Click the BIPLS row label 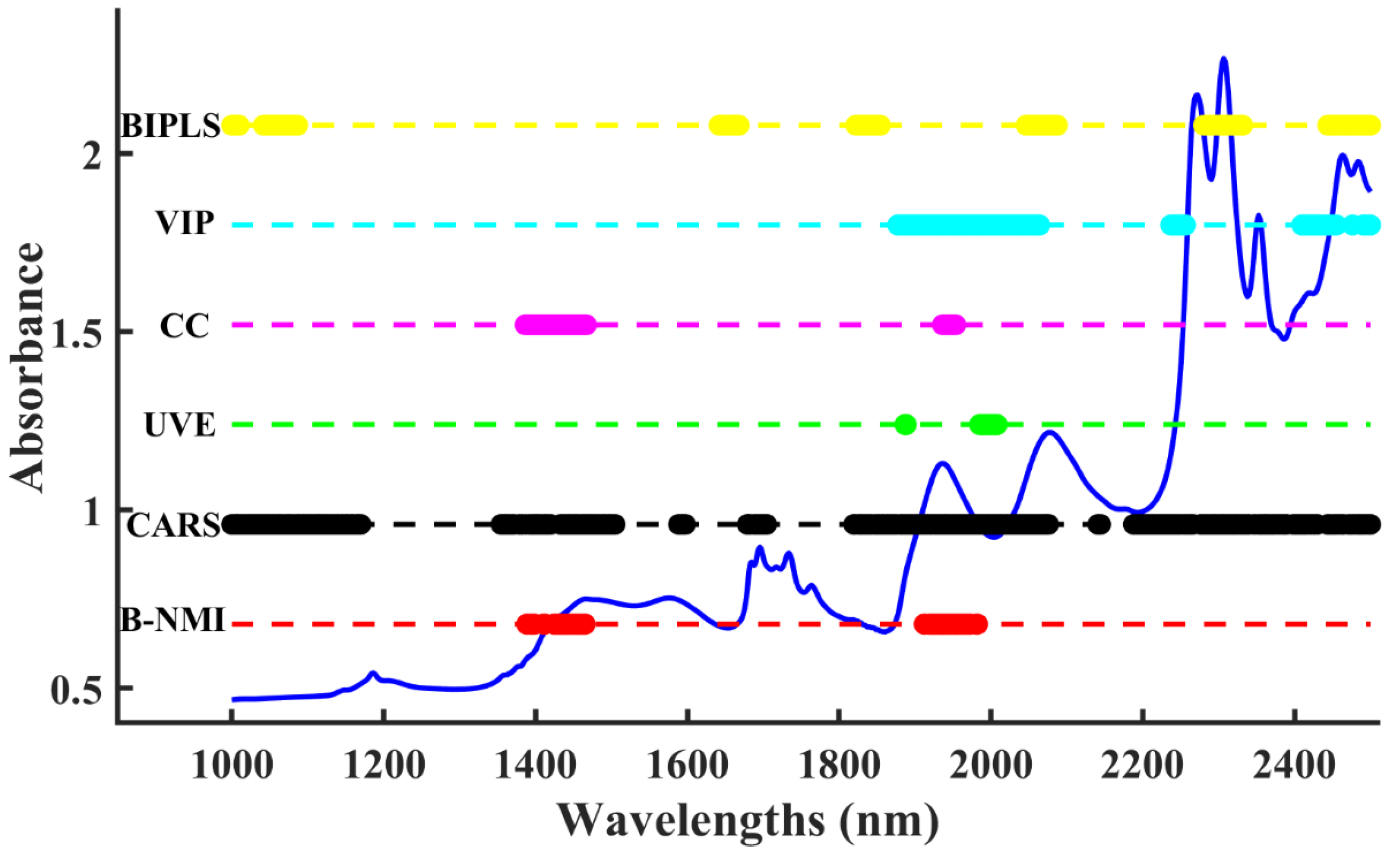(170, 126)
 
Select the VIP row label (186, 223)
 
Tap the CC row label (185, 326)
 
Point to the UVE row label (180, 425)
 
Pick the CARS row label (173, 525)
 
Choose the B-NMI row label (173, 620)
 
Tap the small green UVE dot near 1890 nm (905, 425)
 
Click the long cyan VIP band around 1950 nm (968, 225)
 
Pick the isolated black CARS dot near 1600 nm (682, 524)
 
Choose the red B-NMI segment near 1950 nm (951, 625)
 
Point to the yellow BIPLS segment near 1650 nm (729, 125)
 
